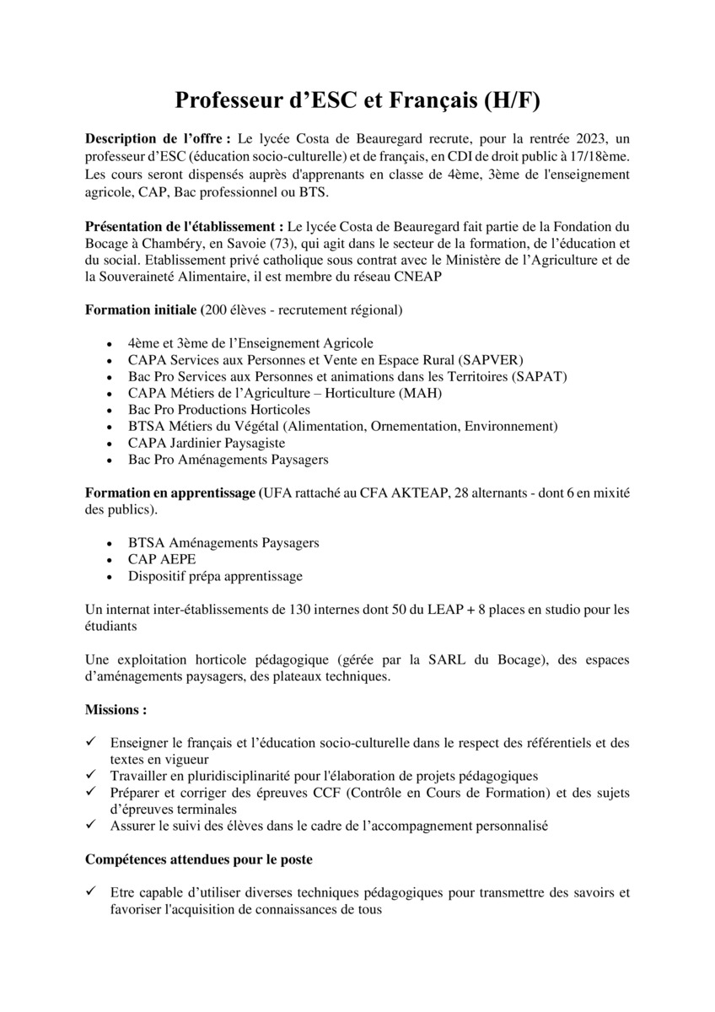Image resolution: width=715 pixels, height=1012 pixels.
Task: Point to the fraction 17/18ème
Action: [601, 156]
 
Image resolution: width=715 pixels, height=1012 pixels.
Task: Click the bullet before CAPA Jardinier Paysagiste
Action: [111, 444]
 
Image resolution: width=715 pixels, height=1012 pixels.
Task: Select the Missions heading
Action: [116, 711]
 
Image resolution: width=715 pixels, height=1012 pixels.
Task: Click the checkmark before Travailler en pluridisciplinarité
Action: [91, 775]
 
